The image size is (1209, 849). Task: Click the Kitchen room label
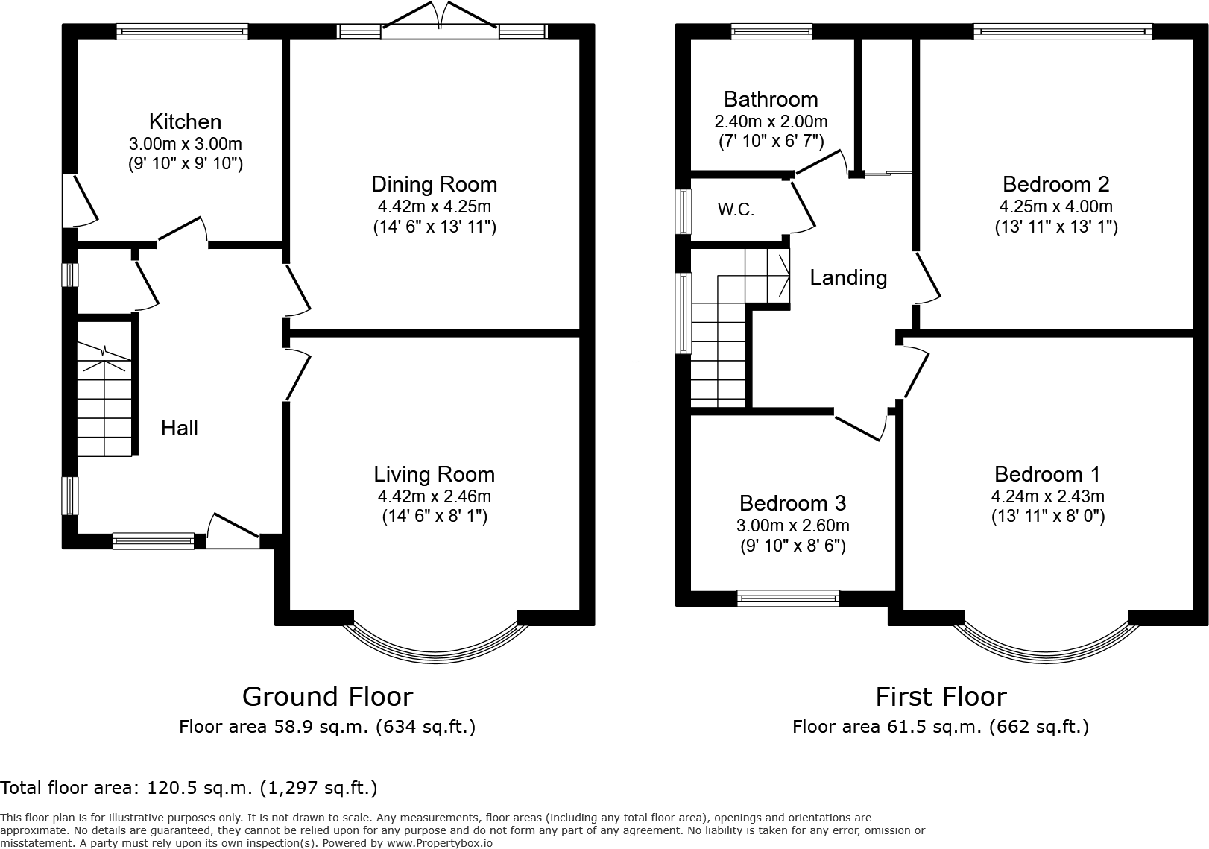coord(185,121)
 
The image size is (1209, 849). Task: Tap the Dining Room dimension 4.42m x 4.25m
coord(434,206)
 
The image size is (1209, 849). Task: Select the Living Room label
coord(434,474)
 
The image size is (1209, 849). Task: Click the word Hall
coord(180,428)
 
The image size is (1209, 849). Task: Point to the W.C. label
coord(736,210)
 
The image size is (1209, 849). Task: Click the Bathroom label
coord(771,99)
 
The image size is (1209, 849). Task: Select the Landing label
coord(848,278)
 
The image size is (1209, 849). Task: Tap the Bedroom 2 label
coord(1055,184)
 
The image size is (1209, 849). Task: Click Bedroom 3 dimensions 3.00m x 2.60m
coord(792,526)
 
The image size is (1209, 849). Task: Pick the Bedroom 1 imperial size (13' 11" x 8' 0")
coord(1047,516)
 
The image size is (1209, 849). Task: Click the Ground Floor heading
coord(327,697)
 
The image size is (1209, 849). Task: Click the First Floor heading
coord(941,697)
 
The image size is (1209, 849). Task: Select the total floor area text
coord(189,788)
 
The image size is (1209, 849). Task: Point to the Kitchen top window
coord(182,31)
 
